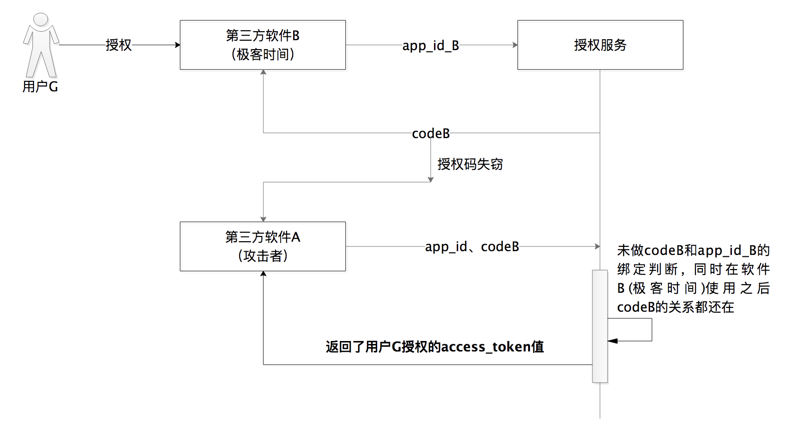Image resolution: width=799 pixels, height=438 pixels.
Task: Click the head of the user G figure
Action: [x=41, y=19]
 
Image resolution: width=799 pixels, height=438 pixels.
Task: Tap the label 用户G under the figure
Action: [x=40, y=87]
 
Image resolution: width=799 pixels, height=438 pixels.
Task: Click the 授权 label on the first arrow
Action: [x=118, y=45]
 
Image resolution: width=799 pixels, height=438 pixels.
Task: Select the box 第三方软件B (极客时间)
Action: [x=263, y=45]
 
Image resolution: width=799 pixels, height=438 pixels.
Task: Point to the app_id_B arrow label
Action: [x=431, y=45]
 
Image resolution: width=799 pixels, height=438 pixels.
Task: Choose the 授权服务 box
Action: [x=600, y=45]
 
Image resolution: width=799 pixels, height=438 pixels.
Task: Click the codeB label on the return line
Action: [x=431, y=133]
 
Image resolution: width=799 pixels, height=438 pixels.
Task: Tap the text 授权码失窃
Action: [x=470, y=164]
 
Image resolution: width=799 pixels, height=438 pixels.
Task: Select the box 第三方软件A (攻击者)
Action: [x=263, y=246]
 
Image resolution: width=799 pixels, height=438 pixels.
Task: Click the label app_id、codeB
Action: [x=472, y=246]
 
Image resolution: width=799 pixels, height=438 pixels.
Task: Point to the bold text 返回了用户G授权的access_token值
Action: [x=434, y=347]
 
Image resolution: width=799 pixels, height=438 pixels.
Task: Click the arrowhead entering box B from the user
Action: [x=177, y=45]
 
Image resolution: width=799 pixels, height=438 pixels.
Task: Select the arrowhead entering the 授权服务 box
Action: [x=515, y=45]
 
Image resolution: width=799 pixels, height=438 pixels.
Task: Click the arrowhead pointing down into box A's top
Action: [x=263, y=219]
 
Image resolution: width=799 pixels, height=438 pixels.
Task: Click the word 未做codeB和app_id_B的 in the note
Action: [x=693, y=250]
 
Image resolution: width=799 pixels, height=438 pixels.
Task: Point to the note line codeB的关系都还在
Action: [x=675, y=307]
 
